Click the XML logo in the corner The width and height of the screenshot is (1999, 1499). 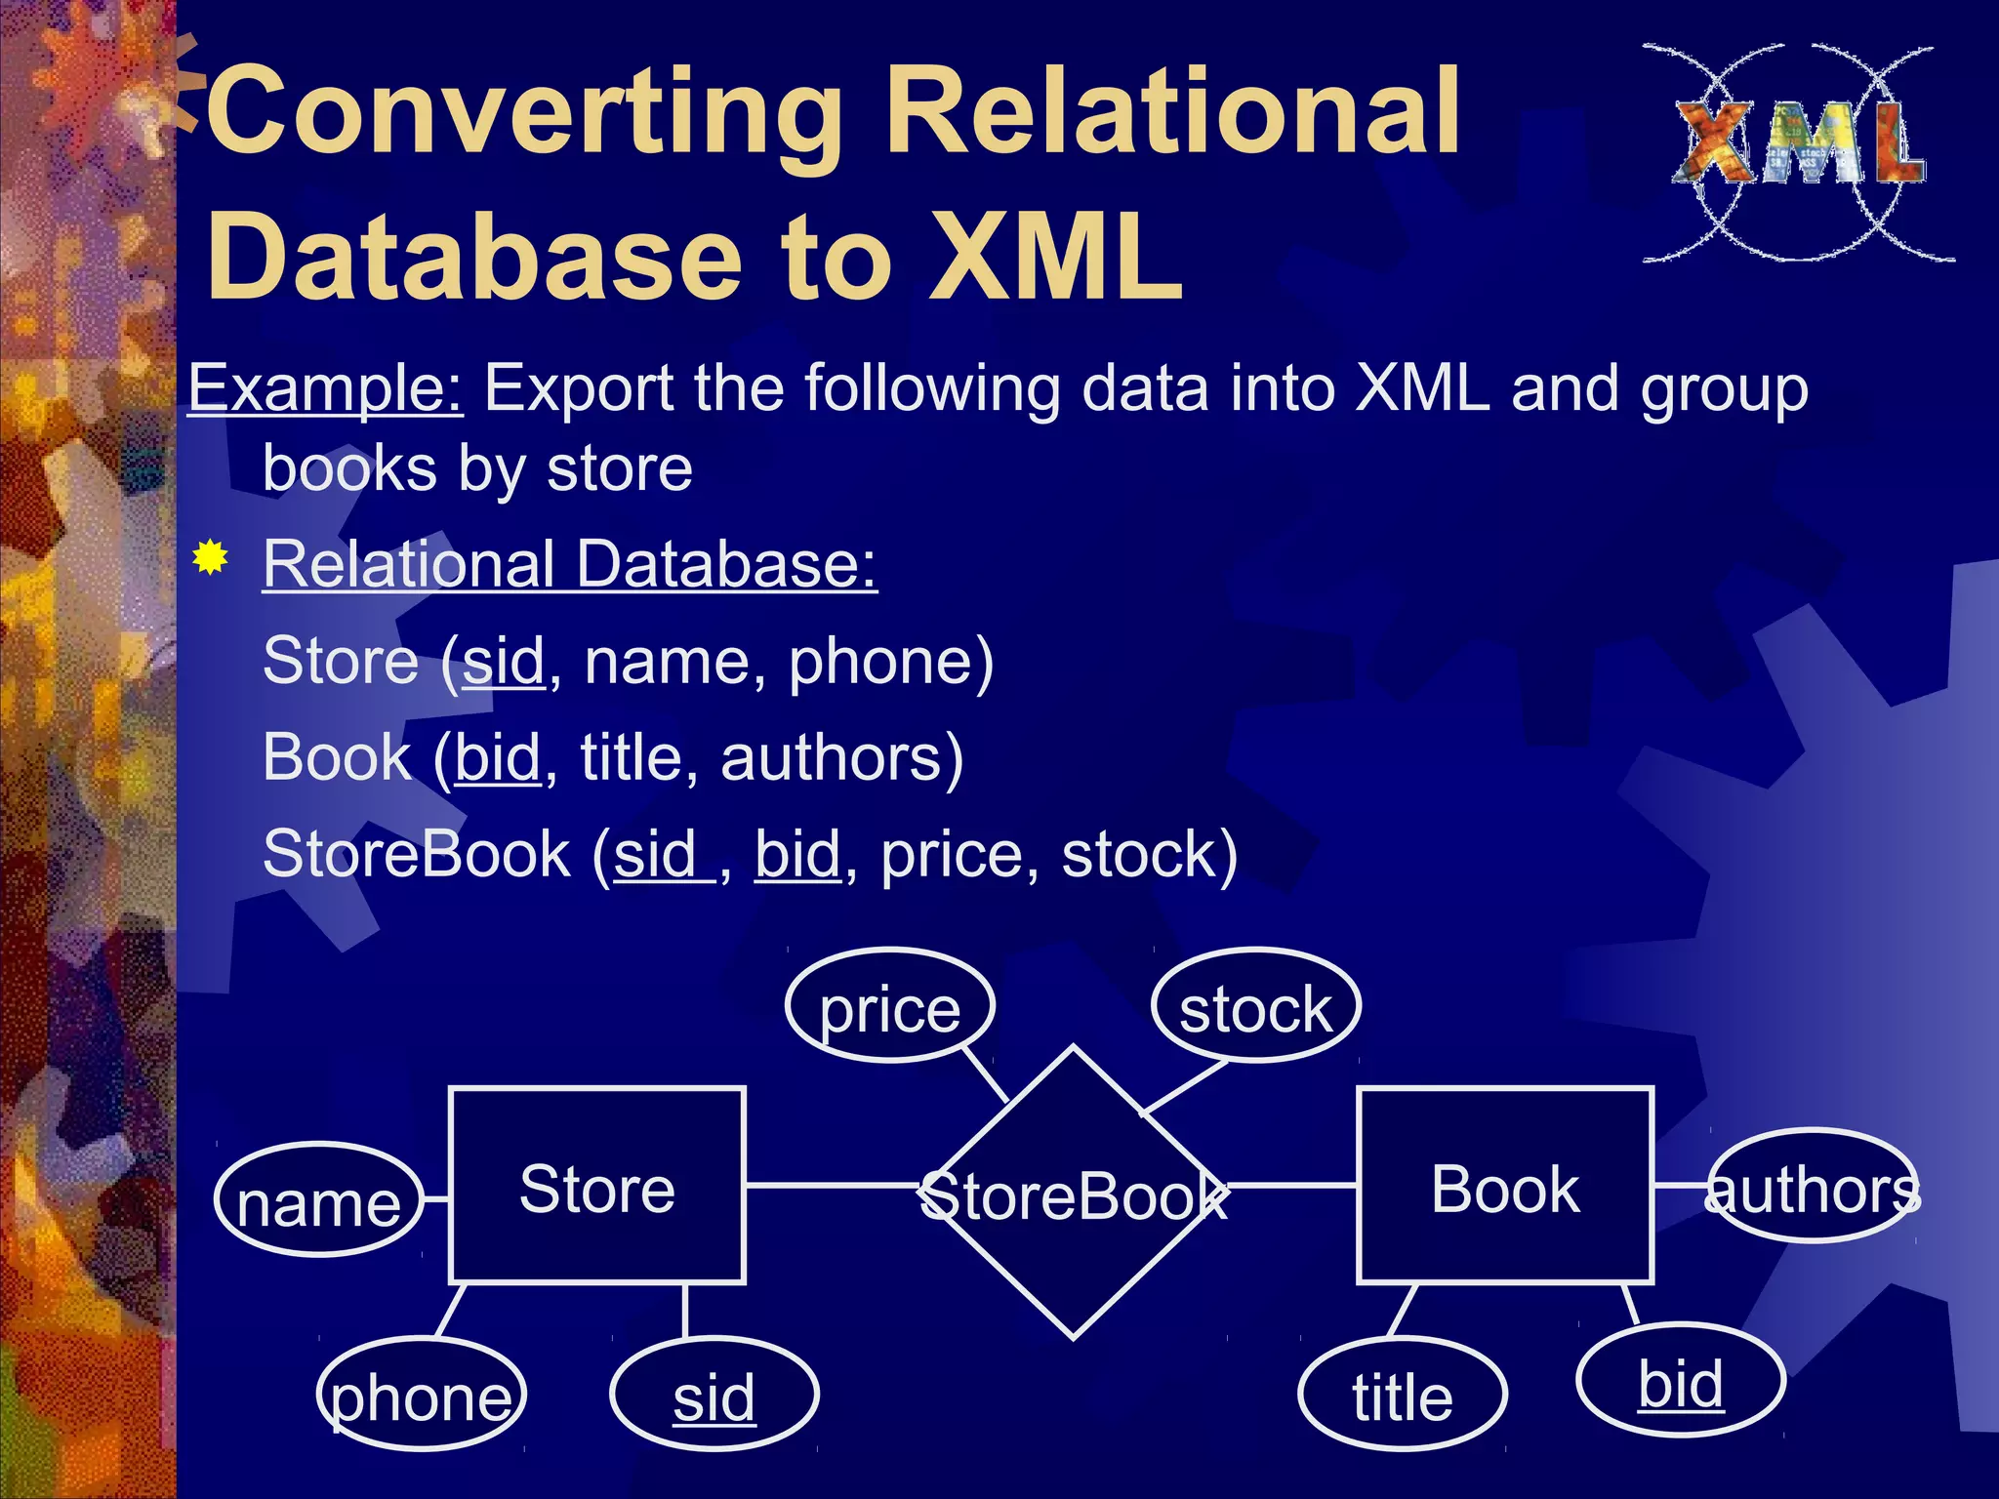point(1798,151)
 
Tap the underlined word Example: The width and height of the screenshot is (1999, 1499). point(325,388)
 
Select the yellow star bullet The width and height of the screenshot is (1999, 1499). point(210,558)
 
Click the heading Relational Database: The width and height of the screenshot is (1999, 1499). point(570,564)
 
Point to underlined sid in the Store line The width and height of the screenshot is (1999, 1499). point(503,662)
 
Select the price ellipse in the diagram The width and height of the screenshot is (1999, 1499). point(889,1006)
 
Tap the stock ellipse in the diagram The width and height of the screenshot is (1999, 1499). point(1255,1006)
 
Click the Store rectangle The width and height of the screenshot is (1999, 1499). point(596,1186)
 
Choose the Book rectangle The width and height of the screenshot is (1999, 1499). point(1504,1186)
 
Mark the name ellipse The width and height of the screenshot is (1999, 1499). point(318,1200)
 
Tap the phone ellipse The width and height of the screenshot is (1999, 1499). point(421,1394)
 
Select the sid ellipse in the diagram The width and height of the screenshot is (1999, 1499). point(714,1394)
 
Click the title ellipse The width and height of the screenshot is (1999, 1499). point(1402,1394)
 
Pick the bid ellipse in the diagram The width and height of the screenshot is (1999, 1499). point(1680,1380)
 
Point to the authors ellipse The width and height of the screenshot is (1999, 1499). point(1812,1187)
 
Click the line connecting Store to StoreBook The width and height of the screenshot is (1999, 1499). point(830,1186)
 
